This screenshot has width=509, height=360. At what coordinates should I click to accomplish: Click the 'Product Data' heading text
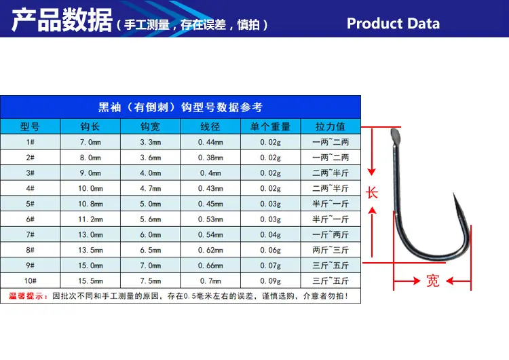pyautogui.click(x=393, y=24)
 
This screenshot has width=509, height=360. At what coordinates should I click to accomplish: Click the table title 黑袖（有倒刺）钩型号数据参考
pyautogui.click(x=181, y=107)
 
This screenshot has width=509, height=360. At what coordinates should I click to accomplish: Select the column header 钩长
pyautogui.click(x=90, y=126)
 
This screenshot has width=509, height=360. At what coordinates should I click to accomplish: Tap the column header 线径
pyautogui.click(x=210, y=126)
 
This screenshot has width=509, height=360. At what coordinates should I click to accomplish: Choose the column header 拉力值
pyautogui.click(x=330, y=126)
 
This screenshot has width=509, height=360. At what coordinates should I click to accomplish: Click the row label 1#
pyautogui.click(x=30, y=142)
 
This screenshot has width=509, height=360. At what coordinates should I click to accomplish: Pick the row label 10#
pyautogui.click(x=30, y=281)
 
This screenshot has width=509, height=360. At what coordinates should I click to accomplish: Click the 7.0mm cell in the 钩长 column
pyautogui.click(x=90, y=142)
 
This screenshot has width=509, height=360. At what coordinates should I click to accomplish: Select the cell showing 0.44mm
pyautogui.click(x=210, y=142)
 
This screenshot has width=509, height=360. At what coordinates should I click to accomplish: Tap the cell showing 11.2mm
pyautogui.click(x=90, y=219)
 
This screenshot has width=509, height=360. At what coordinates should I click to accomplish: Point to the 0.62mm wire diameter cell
pyautogui.click(x=210, y=250)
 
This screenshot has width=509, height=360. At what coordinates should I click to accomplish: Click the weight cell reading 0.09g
pyautogui.click(x=270, y=281)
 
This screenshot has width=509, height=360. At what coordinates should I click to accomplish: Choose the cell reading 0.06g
pyautogui.click(x=270, y=250)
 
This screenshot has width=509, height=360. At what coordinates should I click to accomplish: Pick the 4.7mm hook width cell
pyautogui.click(x=150, y=188)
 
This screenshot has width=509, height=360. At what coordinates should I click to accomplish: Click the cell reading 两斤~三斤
pyautogui.click(x=331, y=250)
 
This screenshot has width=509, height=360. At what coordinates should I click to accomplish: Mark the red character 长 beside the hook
pyautogui.click(x=372, y=193)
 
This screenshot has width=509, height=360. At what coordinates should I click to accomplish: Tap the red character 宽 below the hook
pyautogui.click(x=433, y=281)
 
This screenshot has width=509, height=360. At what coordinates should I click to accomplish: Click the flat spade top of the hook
pyautogui.click(x=395, y=137)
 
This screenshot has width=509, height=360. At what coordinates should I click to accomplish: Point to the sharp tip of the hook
pyautogui.click(x=453, y=193)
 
